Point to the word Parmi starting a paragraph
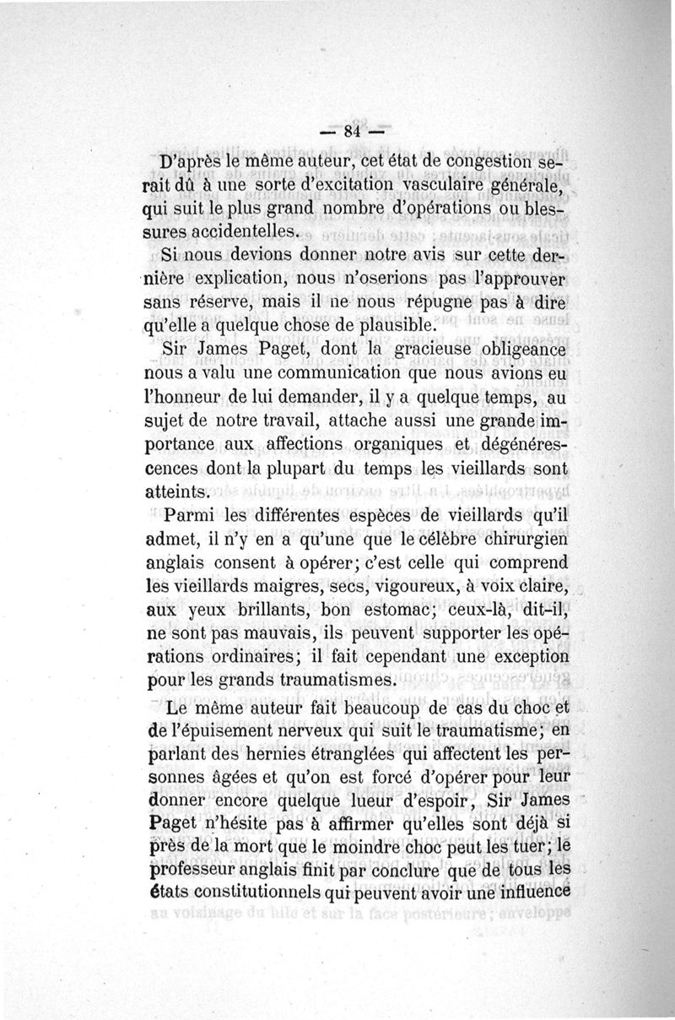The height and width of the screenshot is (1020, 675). click(x=192, y=517)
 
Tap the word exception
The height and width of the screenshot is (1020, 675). click(x=522, y=657)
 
